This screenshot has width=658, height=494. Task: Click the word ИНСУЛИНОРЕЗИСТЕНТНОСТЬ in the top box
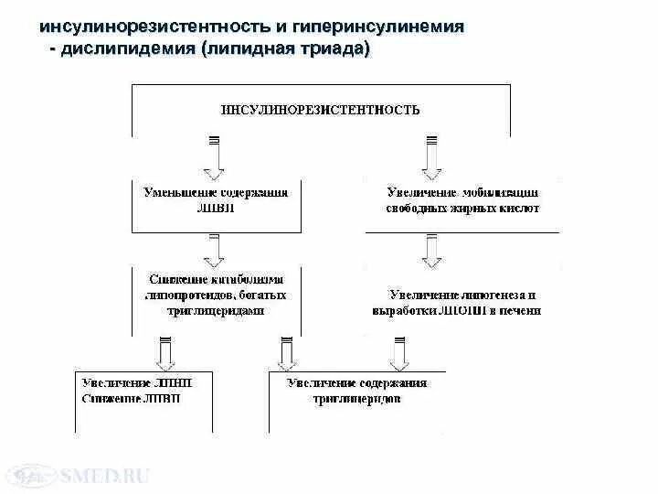[321, 110]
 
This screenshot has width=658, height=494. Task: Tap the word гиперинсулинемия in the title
[383, 27]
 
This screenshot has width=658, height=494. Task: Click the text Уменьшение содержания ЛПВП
[216, 199]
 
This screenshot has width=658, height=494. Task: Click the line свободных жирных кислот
[462, 208]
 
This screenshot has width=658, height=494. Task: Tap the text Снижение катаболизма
[216, 279]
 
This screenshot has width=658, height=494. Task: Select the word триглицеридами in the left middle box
[216, 310]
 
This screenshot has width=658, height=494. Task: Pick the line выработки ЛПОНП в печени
[457, 310]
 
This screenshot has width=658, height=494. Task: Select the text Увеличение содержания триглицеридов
[356, 391]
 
